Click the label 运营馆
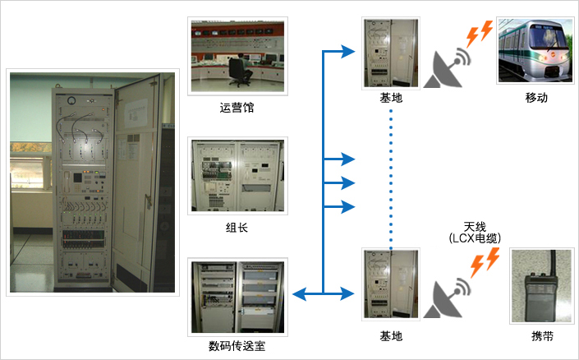click(x=237, y=107)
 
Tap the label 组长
click(x=237, y=228)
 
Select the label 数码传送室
click(x=237, y=346)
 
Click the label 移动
click(x=536, y=98)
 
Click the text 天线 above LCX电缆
click(x=476, y=226)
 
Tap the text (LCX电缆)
click(x=476, y=238)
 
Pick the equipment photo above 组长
click(x=237, y=175)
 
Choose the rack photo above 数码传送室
click(x=237, y=296)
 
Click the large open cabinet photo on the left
click(x=93, y=181)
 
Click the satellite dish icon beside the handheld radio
click(x=447, y=298)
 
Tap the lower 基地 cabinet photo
click(x=391, y=285)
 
